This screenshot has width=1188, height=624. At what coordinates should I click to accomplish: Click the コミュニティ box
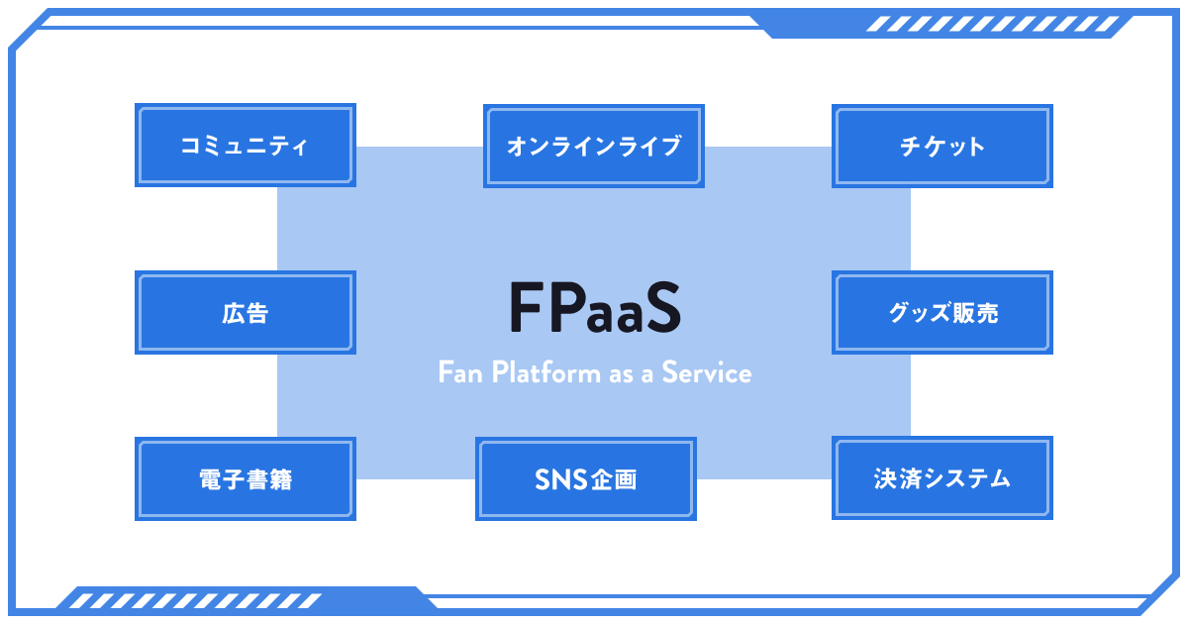click(245, 147)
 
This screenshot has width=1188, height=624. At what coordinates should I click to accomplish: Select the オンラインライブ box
click(594, 147)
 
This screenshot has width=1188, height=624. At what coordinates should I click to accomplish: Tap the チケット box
click(942, 147)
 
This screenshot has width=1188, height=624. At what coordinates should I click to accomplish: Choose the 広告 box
click(245, 313)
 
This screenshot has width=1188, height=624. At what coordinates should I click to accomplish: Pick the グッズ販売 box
click(942, 313)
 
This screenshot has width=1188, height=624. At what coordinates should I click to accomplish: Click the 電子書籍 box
click(245, 479)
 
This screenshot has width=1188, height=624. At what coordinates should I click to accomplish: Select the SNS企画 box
click(585, 479)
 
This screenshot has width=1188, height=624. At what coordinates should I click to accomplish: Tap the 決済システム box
click(942, 479)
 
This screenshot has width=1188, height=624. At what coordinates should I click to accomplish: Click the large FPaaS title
click(594, 308)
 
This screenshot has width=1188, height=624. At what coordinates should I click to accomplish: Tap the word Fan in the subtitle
click(459, 373)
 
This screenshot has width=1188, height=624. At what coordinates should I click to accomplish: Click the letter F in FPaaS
click(525, 308)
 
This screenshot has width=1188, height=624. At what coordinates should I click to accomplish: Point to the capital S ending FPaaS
click(662, 308)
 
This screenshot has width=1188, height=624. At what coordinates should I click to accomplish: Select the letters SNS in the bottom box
click(561, 480)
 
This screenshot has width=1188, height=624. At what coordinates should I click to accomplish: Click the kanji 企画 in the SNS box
click(614, 480)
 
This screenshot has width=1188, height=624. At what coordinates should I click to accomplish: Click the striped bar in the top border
click(995, 26)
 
